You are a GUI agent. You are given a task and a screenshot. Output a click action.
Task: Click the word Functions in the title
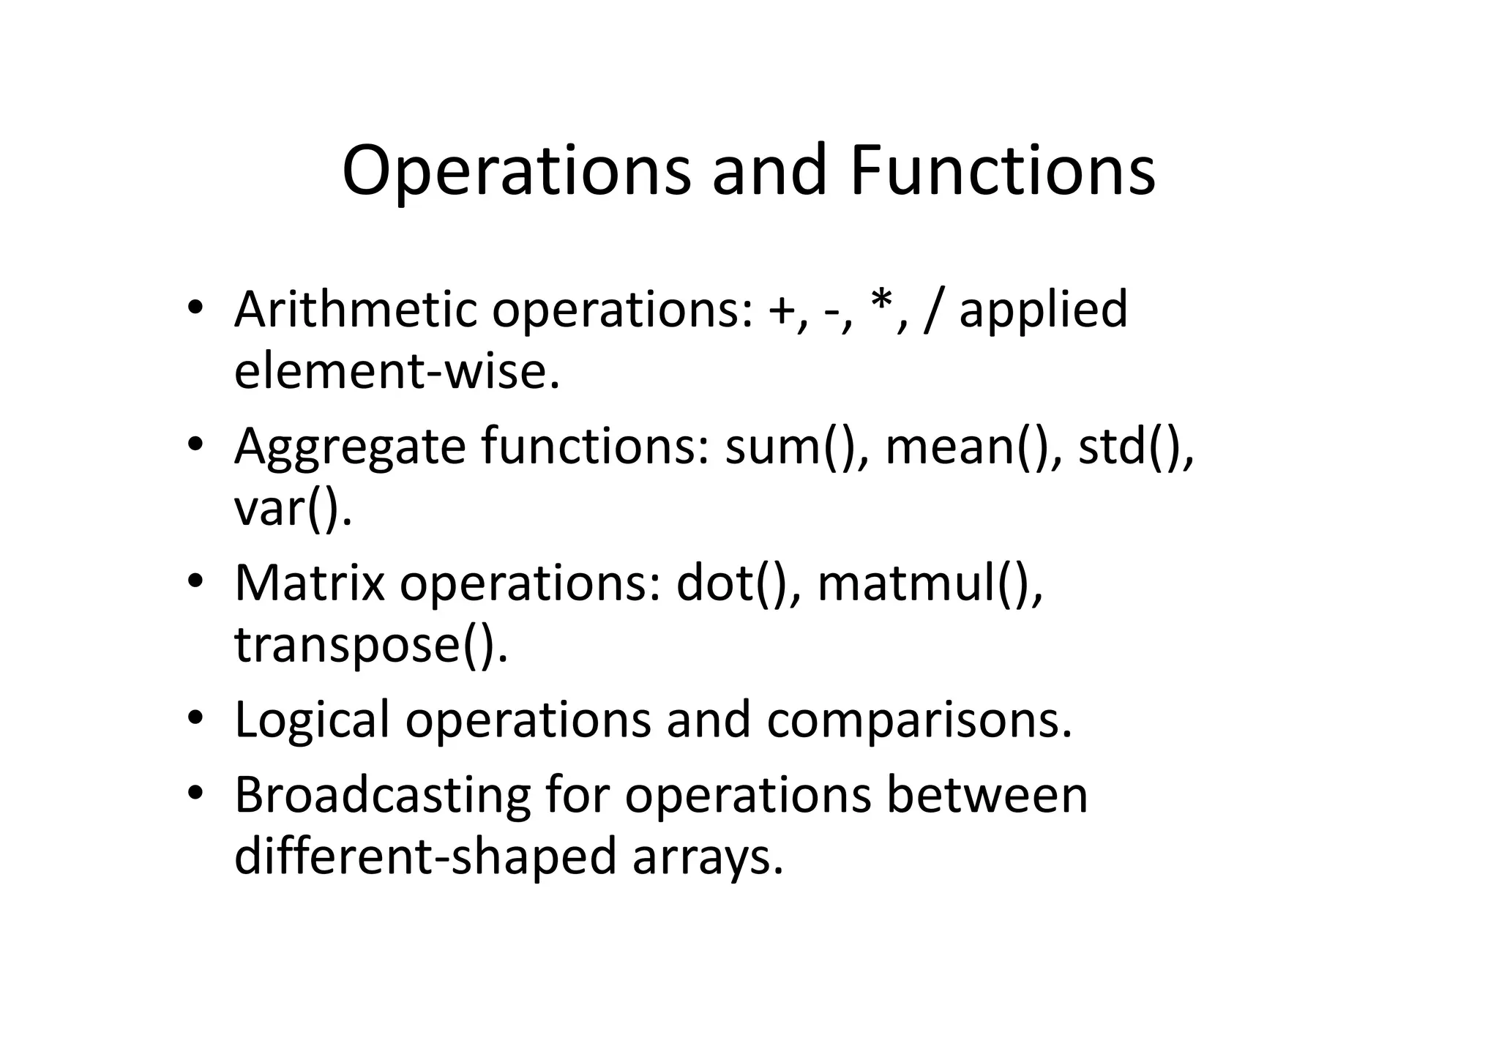1002,171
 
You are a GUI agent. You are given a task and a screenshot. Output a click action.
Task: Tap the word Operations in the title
516,171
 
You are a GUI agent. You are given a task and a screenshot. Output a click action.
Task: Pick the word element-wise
396,371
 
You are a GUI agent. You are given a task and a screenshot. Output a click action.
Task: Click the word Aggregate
349,447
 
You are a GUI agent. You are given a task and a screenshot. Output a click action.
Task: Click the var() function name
292,509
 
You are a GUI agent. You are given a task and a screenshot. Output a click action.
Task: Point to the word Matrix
309,583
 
